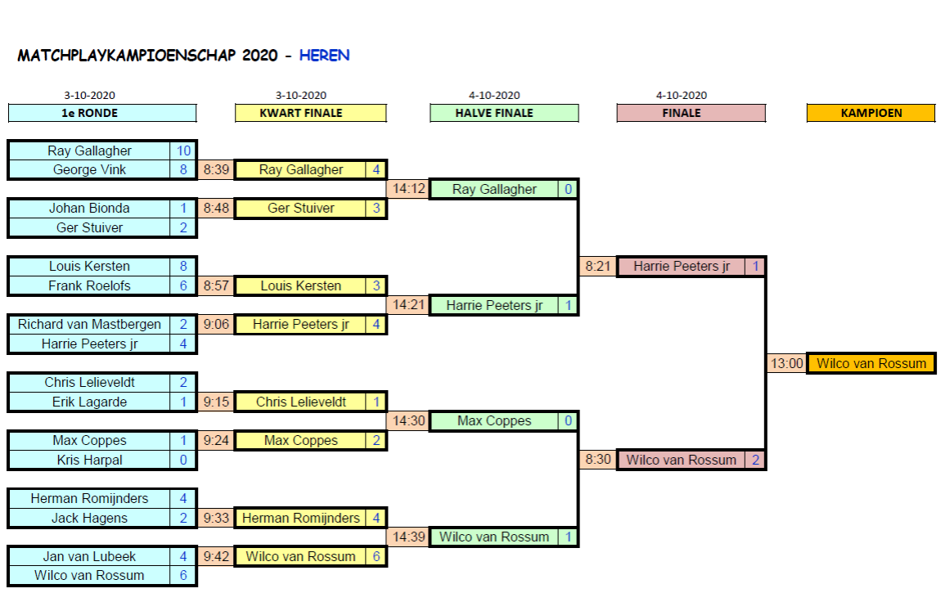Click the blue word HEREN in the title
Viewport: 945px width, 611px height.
coord(324,56)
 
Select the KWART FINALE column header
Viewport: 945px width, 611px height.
coord(310,113)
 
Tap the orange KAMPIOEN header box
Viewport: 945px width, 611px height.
coord(871,113)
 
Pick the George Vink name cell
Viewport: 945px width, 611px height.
coord(89,170)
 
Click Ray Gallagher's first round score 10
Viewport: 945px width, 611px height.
coord(183,151)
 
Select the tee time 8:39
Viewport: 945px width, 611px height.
coord(216,170)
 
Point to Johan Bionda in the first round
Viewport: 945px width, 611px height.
coord(89,208)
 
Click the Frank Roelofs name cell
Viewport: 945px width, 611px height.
coord(89,285)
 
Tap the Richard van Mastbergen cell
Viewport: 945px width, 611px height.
coord(89,325)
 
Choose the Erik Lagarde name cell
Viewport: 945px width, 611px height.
coord(89,402)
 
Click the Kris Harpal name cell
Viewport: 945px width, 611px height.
coord(89,460)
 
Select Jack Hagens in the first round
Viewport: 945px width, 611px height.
coord(89,518)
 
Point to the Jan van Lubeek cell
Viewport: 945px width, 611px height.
coord(89,556)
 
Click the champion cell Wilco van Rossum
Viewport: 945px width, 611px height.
coord(871,363)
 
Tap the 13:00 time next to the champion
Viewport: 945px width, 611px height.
coord(786,363)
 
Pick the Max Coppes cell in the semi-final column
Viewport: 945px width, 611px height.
coord(494,421)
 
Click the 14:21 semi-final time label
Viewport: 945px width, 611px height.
coord(408,305)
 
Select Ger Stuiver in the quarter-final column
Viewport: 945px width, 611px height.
coord(300,208)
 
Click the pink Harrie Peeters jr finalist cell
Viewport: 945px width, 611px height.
coord(681,266)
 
